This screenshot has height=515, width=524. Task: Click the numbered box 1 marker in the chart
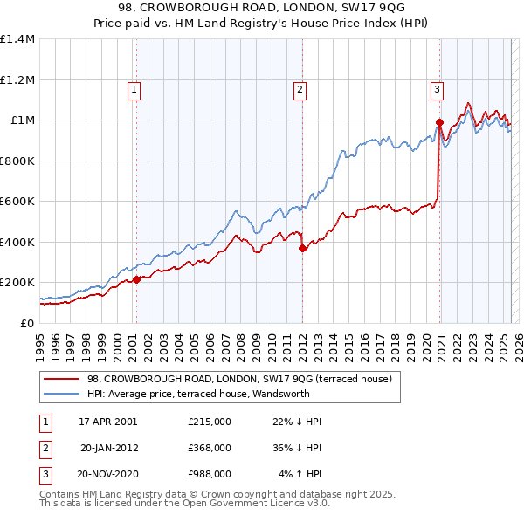(134, 88)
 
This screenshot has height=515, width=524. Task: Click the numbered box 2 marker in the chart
(300, 88)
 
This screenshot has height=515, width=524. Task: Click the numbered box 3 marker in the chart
(436, 88)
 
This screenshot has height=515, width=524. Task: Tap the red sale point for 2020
(439, 122)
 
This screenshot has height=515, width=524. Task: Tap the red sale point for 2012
(303, 248)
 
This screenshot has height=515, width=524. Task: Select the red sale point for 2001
(136, 279)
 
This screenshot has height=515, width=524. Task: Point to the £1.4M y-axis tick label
(17, 39)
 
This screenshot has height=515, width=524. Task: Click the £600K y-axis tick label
(17, 202)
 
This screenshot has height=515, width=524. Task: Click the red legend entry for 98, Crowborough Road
(244, 379)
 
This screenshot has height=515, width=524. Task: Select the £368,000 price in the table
(210, 448)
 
